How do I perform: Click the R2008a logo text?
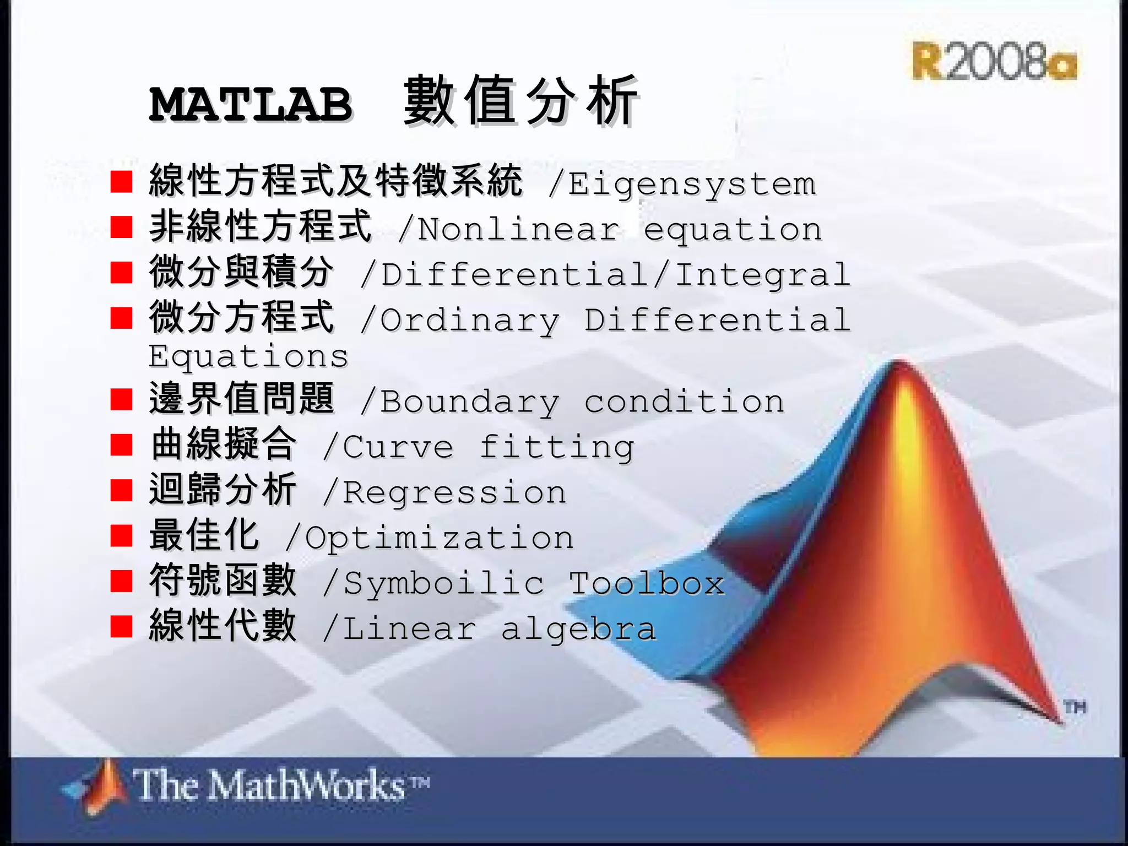click(995, 62)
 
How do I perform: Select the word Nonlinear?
click(518, 230)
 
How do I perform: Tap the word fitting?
click(556, 448)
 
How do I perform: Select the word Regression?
click(454, 492)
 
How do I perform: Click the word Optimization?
click(439, 538)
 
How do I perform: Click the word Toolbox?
click(647, 583)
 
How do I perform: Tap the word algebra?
click(578, 630)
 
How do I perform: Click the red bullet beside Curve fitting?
click(121, 445)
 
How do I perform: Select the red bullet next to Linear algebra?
click(121, 626)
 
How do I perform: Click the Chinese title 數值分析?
click(520, 101)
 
